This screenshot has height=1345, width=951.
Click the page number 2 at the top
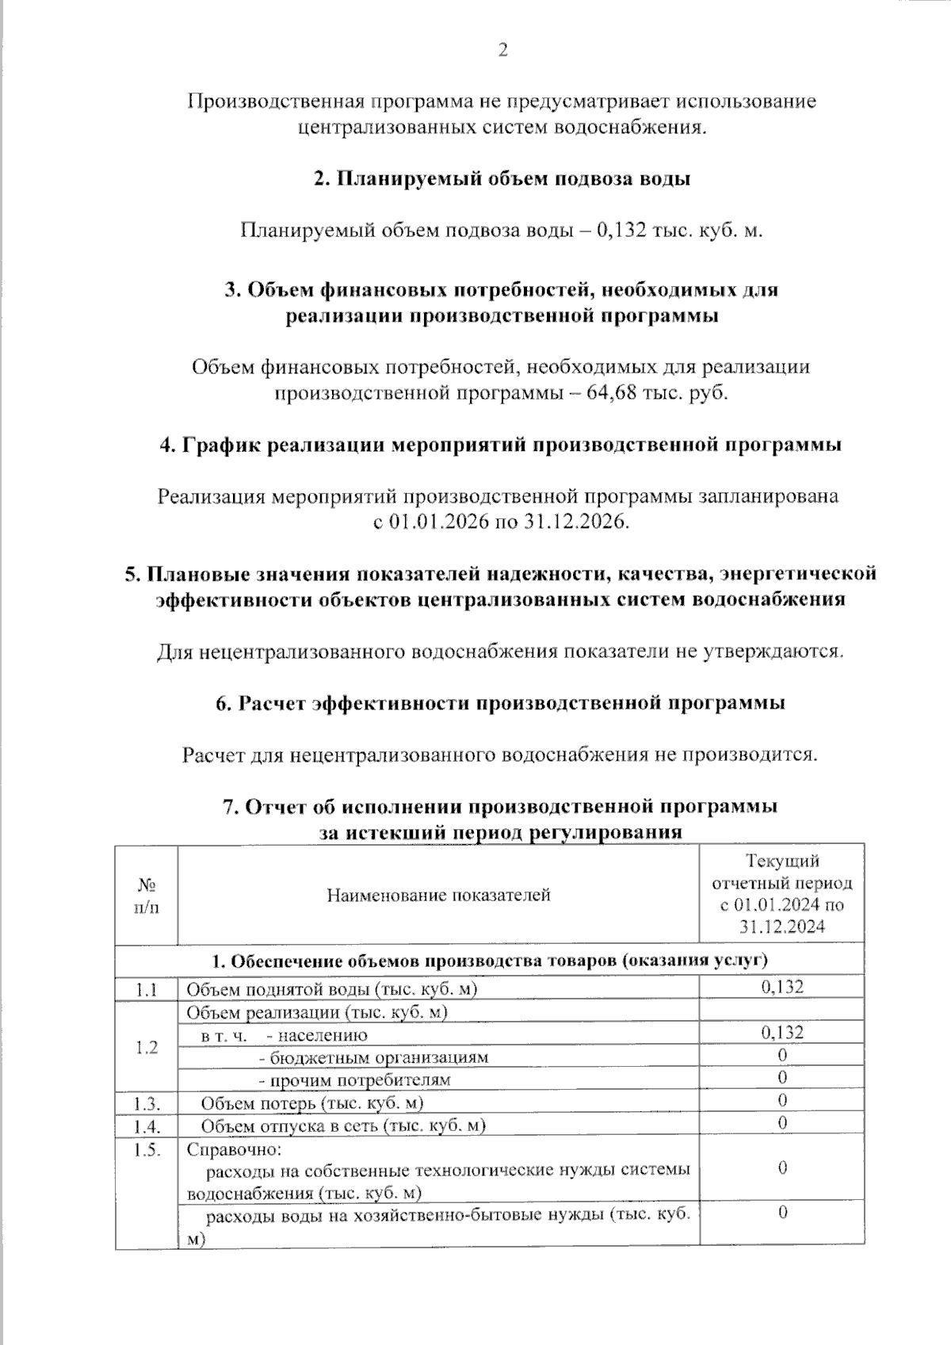pos(502,51)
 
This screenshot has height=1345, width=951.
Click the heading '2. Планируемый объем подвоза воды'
pos(502,179)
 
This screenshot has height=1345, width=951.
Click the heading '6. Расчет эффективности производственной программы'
pos(502,703)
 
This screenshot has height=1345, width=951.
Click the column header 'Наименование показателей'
pos(438,896)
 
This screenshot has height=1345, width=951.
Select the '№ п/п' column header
pos(146,896)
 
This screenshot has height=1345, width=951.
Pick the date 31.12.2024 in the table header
pos(782,927)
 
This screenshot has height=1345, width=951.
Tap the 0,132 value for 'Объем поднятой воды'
pos(782,987)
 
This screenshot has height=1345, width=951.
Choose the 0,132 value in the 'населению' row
pos(782,1032)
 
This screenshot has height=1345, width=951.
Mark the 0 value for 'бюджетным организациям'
pos(782,1055)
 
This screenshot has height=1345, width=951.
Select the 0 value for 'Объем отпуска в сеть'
pos(782,1123)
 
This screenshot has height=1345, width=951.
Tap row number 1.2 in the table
pos(146,1047)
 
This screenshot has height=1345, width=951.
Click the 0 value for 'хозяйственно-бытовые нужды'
pos(782,1213)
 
